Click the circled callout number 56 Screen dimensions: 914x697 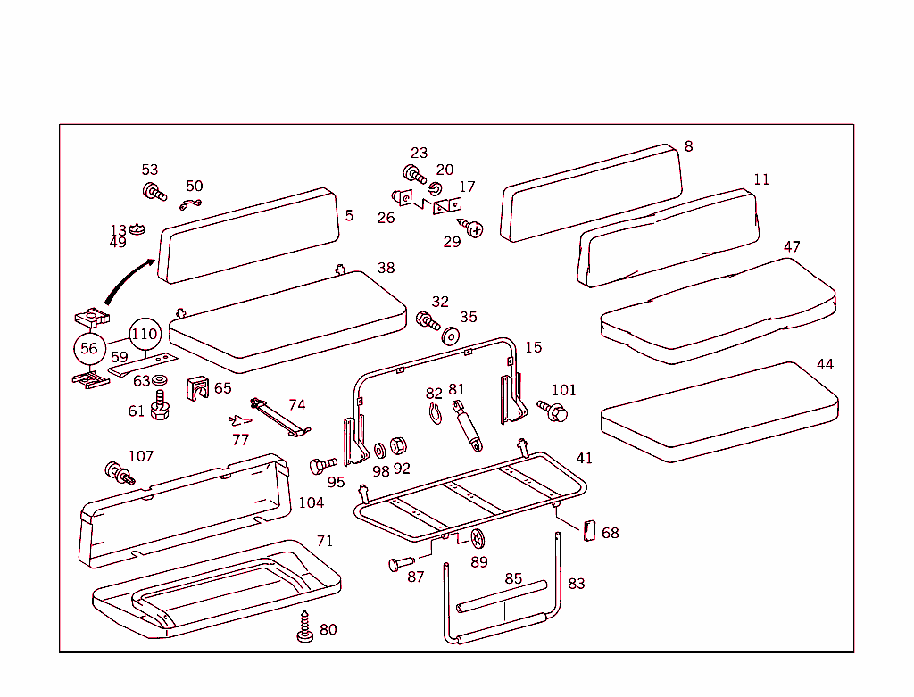(89, 348)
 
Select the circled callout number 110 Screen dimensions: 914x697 (144, 335)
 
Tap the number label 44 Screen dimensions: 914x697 (825, 364)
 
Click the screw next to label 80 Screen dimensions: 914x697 (305, 626)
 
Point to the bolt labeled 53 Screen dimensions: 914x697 (154, 191)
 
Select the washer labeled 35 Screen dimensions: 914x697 (451, 336)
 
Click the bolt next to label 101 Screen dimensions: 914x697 (553, 411)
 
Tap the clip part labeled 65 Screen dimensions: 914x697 (196, 389)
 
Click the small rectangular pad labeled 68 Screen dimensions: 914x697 (589, 531)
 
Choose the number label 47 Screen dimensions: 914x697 (792, 246)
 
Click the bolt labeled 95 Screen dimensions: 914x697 (322, 465)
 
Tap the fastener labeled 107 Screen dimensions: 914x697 (118, 473)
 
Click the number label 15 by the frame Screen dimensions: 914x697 (533, 347)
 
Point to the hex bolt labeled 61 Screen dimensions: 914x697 (161, 410)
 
